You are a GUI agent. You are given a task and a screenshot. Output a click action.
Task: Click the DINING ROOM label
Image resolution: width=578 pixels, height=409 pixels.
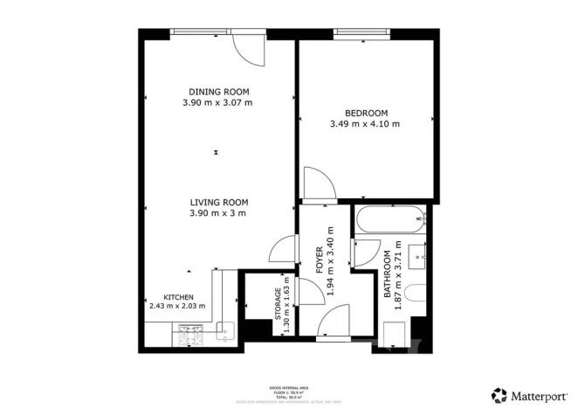click(x=218, y=92)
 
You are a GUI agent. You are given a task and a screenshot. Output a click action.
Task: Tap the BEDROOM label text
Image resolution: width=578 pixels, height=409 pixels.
click(x=366, y=113)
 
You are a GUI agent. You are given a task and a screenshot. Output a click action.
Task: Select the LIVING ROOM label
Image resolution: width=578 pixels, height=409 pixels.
click(x=218, y=201)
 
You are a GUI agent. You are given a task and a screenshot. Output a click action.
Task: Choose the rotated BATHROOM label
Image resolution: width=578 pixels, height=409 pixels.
click(x=387, y=275)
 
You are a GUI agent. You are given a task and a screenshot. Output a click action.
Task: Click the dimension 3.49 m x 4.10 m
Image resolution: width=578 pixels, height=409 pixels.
click(x=366, y=124)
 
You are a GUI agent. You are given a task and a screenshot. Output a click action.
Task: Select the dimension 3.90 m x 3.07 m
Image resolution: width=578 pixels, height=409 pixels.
click(x=218, y=103)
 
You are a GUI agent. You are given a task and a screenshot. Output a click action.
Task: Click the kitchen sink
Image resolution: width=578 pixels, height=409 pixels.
click(x=222, y=332)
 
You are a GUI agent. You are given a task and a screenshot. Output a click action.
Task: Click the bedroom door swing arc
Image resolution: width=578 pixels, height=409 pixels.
click(x=317, y=185)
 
